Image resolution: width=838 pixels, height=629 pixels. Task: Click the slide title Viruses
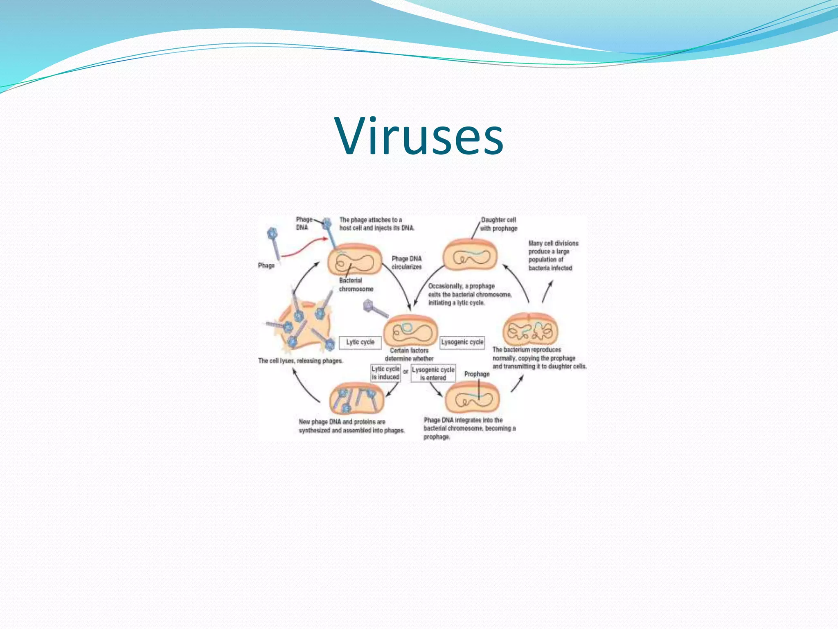click(419, 136)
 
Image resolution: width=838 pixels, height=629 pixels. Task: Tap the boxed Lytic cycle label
click(360, 342)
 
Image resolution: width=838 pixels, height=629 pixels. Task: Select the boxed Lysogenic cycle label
click(462, 342)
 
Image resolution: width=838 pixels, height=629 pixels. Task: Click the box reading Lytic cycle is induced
click(385, 373)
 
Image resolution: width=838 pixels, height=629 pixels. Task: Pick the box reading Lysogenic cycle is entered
click(433, 373)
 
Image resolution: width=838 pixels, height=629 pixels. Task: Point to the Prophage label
click(477, 374)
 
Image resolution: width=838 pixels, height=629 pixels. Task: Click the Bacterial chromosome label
click(356, 285)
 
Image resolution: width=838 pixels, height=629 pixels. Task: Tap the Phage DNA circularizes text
click(406, 263)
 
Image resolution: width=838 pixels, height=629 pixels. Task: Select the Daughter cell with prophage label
click(498, 224)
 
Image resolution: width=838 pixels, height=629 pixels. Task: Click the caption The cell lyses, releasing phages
click(300, 361)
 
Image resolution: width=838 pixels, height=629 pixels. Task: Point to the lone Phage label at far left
click(266, 265)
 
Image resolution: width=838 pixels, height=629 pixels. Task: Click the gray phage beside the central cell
click(374, 308)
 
